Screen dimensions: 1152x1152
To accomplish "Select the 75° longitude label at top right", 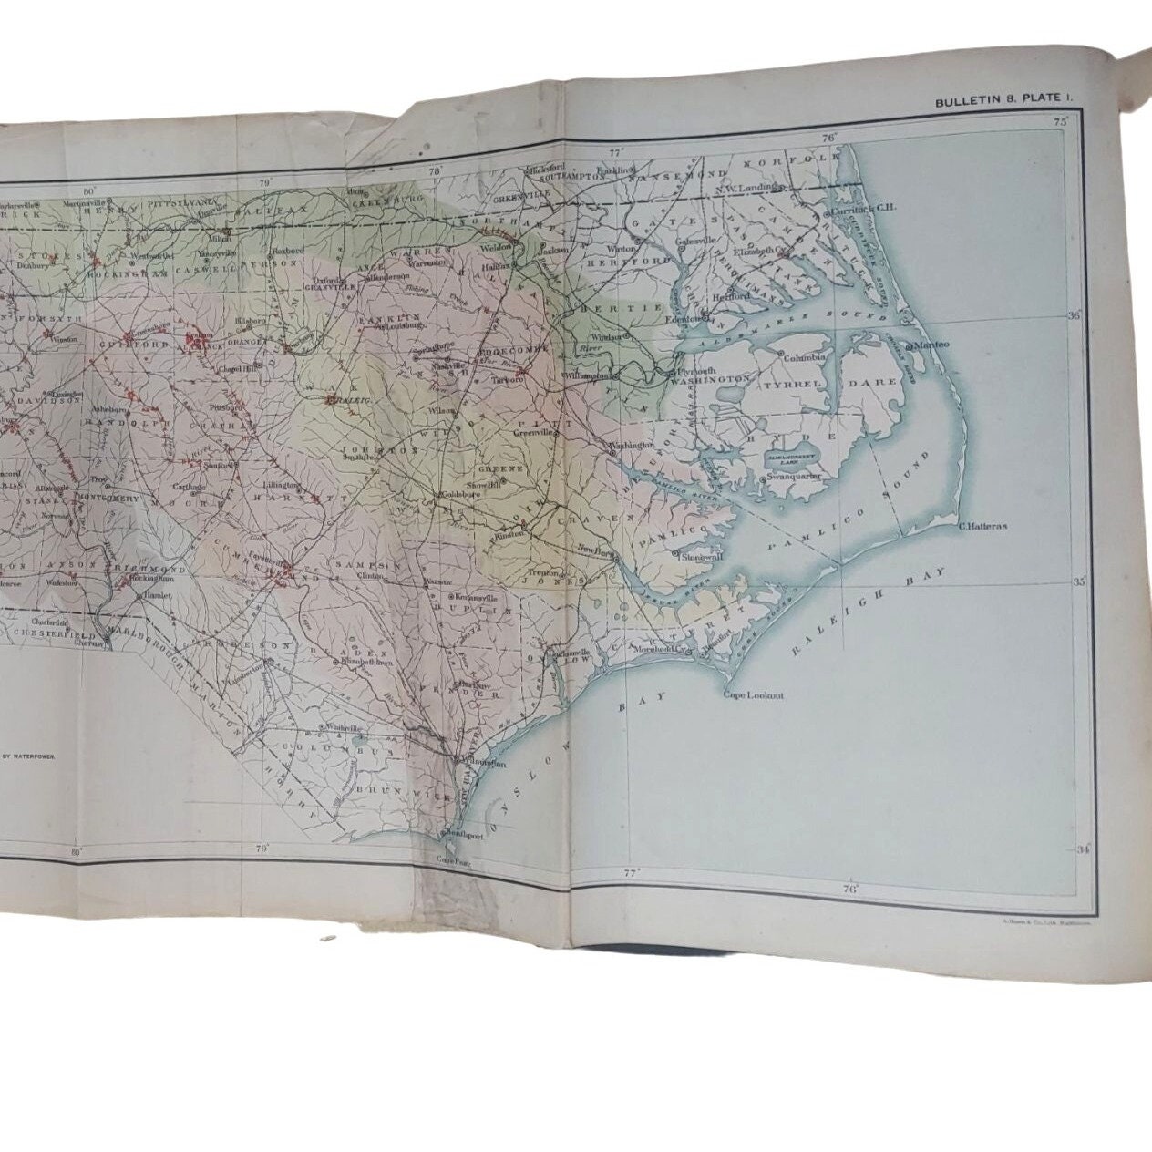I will coord(1061,121).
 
